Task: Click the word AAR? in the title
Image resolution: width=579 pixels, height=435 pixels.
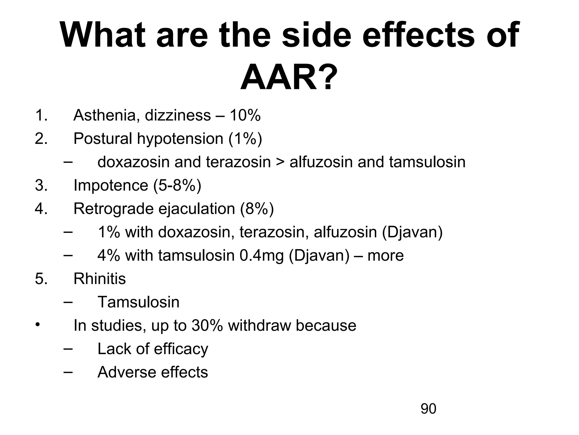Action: point(289,77)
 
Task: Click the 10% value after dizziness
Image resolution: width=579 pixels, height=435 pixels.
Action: point(245,116)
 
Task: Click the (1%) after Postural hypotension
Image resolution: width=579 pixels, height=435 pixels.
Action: point(245,139)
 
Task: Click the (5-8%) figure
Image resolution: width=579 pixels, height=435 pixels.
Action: point(177,185)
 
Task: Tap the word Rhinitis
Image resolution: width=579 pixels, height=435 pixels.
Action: point(100,279)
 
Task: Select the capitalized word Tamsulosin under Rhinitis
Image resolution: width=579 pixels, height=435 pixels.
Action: point(139,302)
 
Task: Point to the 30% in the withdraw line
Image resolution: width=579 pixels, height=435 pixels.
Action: point(207,326)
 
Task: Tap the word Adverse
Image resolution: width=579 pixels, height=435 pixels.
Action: point(123,372)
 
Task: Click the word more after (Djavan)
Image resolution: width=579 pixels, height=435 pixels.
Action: point(385,255)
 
